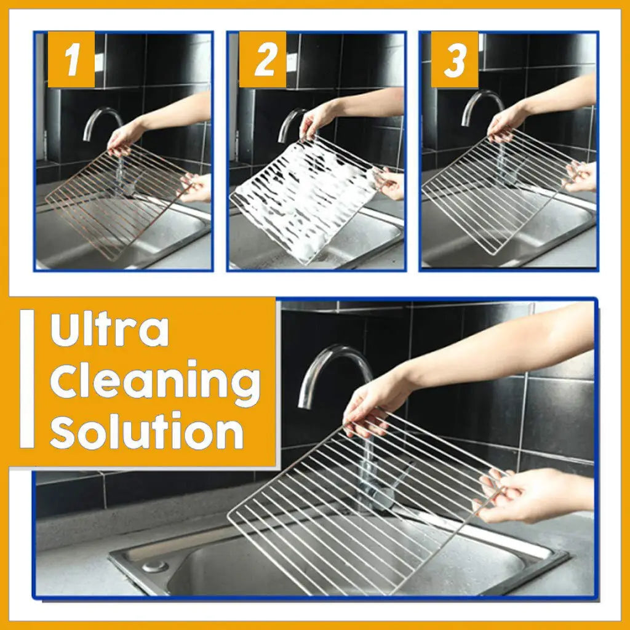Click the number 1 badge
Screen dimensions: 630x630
tap(71, 60)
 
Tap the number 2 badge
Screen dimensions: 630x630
tap(263, 60)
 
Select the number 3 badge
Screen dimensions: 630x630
tap(455, 60)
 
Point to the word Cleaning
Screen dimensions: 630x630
tap(154, 381)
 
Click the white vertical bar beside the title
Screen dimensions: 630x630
tap(27, 378)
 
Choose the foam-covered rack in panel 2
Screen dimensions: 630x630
tap(301, 197)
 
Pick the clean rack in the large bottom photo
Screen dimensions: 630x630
tap(363, 511)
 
